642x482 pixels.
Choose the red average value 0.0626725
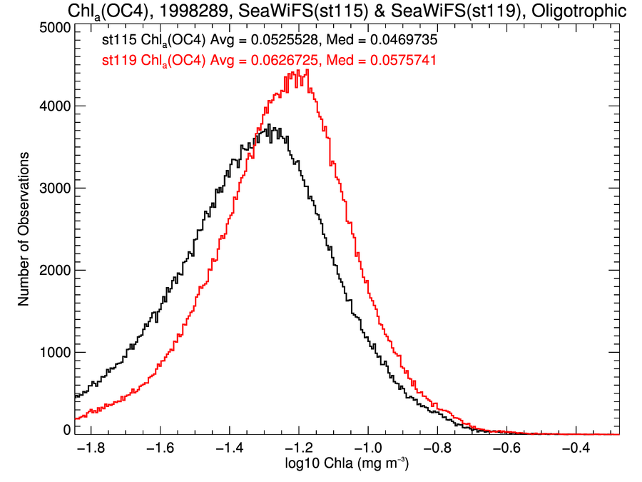[270, 62]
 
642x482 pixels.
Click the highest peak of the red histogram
[307, 70]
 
